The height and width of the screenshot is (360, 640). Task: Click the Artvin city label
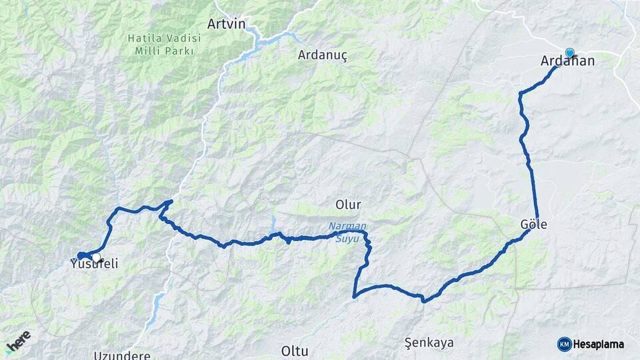(x=226, y=24)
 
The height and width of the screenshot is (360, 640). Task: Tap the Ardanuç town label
(x=323, y=55)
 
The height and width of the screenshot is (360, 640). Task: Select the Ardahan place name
(x=567, y=61)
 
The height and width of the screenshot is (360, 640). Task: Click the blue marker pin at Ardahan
(x=569, y=52)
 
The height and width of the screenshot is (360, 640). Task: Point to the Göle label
(x=533, y=225)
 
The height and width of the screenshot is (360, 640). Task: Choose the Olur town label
(x=349, y=204)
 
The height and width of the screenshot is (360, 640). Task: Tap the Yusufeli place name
(x=94, y=264)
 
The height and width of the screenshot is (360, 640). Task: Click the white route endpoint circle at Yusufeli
(x=97, y=257)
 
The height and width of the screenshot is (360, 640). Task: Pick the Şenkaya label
(x=429, y=343)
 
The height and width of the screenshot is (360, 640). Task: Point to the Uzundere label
(x=122, y=355)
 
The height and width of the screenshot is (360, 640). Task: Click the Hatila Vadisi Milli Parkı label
(x=164, y=45)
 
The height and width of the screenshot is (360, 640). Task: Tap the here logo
(x=18, y=341)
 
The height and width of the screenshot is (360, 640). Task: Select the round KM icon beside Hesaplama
(x=564, y=344)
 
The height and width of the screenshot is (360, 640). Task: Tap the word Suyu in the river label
(x=347, y=238)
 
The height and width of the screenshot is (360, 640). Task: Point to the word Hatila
(x=143, y=39)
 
